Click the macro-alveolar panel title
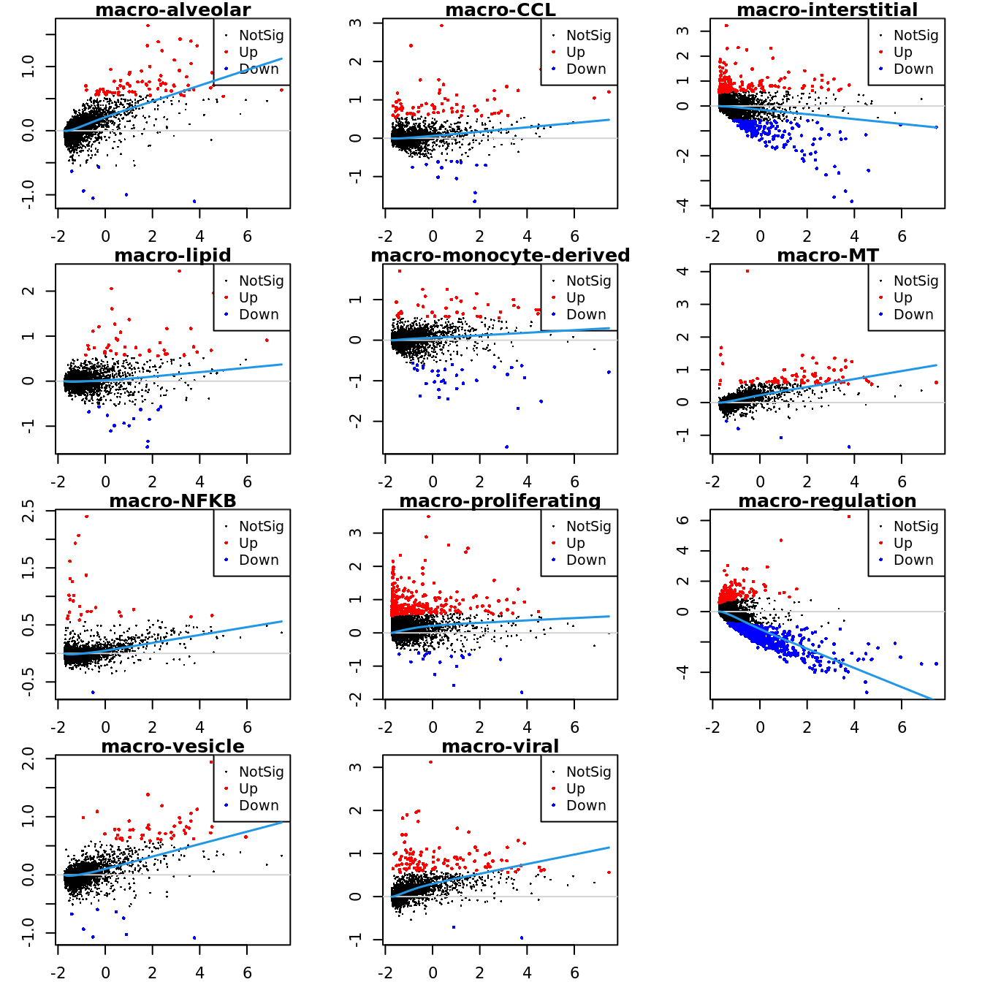(173, 10)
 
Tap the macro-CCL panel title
(500, 10)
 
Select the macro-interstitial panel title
(827, 10)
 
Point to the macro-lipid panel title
(173, 256)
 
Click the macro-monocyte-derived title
(500, 256)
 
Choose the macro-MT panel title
(827, 256)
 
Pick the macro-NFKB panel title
(173, 501)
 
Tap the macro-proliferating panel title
(500, 501)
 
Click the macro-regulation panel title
(827, 501)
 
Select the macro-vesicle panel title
(173, 747)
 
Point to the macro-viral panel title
(500, 747)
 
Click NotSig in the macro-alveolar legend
(261, 35)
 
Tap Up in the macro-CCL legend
(576, 52)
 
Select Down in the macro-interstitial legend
(913, 69)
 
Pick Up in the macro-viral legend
(576, 788)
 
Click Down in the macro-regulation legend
(913, 560)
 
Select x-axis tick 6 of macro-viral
(575, 973)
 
